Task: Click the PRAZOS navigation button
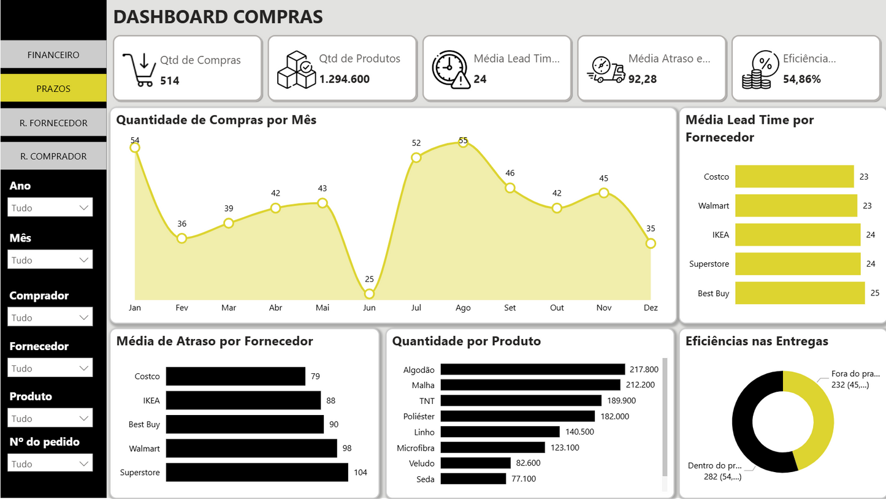coord(53,88)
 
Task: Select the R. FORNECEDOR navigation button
coord(53,123)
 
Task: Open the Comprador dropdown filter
coord(50,318)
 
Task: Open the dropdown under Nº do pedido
coord(50,464)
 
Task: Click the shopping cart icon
coord(139,69)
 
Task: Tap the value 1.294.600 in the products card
coord(344,79)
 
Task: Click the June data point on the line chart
coord(369,294)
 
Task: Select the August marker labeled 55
coord(463,141)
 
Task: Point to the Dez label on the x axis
coord(651,308)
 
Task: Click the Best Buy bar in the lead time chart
coord(800,293)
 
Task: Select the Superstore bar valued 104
coord(257,472)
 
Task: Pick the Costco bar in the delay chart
coord(235,376)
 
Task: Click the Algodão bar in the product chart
coord(532,369)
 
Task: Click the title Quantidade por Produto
coord(466,341)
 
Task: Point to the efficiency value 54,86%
coord(801,79)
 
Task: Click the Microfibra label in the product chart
coord(415,448)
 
